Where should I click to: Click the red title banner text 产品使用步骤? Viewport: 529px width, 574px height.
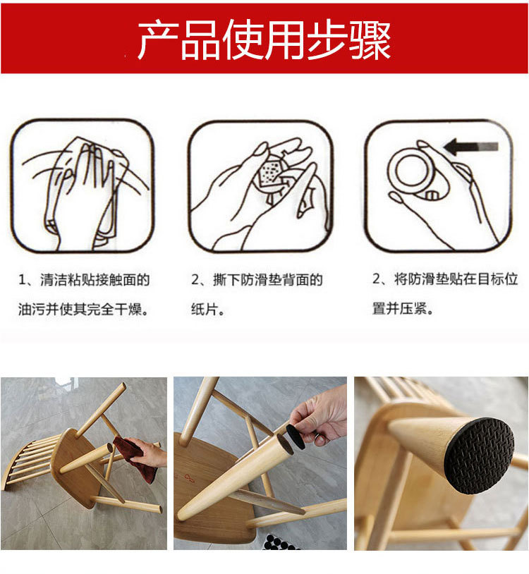coord(264,40)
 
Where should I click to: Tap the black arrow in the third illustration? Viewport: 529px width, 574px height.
coord(470,147)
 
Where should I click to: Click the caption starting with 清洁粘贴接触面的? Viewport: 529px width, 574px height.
coord(84,280)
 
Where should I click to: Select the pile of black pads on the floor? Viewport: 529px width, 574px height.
coord(283,542)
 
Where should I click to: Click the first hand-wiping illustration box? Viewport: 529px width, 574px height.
coord(82,185)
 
